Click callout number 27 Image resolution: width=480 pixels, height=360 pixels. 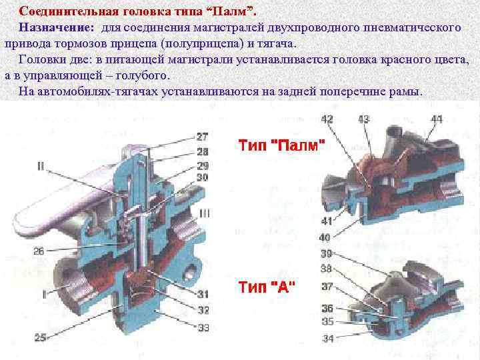(203, 136)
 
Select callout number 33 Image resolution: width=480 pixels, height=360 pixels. (203, 327)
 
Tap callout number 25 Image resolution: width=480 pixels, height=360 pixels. (40, 338)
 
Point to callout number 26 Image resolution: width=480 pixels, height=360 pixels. (39, 251)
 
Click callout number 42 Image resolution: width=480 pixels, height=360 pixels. (327, 119)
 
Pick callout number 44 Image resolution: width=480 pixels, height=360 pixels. (436, 119)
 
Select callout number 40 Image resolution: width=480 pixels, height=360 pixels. (325, 237)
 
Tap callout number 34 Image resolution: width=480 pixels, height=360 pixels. (328, 339)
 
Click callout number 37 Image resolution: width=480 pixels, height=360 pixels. (327, 286)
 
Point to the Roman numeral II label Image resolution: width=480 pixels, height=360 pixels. (41, 167)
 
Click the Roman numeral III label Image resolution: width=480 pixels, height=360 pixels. (205, 213)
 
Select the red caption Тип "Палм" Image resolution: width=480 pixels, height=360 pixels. (283, 145)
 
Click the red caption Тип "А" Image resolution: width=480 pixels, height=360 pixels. (267, 287)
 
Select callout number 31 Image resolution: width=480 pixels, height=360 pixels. (203, 294)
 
